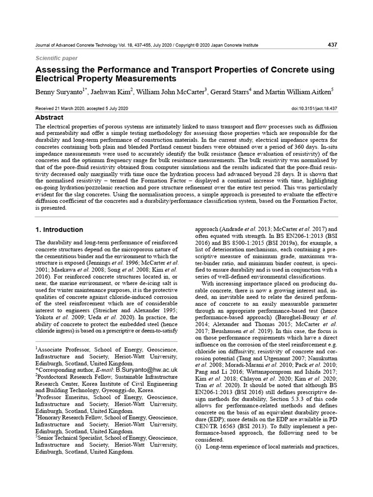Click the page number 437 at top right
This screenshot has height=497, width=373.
(x=332, y=45)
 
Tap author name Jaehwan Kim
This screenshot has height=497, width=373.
(x=114, y=91)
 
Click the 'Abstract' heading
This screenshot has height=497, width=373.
(x=50, y=117)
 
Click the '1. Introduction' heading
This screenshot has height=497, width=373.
(x=60, y=230)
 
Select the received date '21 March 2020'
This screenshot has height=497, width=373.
(x=71, y=109)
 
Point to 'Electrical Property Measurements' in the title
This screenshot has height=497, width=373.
(x=105, y=78)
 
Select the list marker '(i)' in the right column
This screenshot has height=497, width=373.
(x=199, y=446)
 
